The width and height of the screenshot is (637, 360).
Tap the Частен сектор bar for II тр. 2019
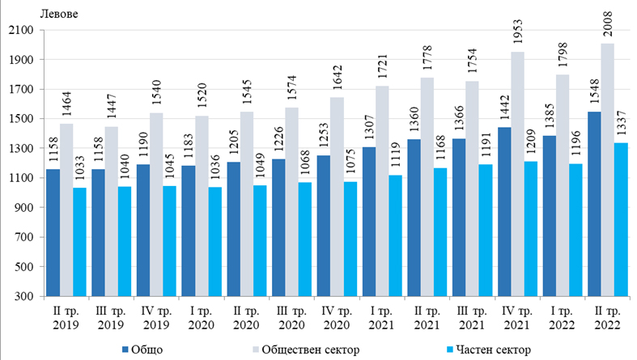(79, 242)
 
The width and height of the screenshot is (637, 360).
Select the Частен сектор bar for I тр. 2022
(575, 230)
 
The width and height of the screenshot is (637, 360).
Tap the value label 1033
(79, 172)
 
